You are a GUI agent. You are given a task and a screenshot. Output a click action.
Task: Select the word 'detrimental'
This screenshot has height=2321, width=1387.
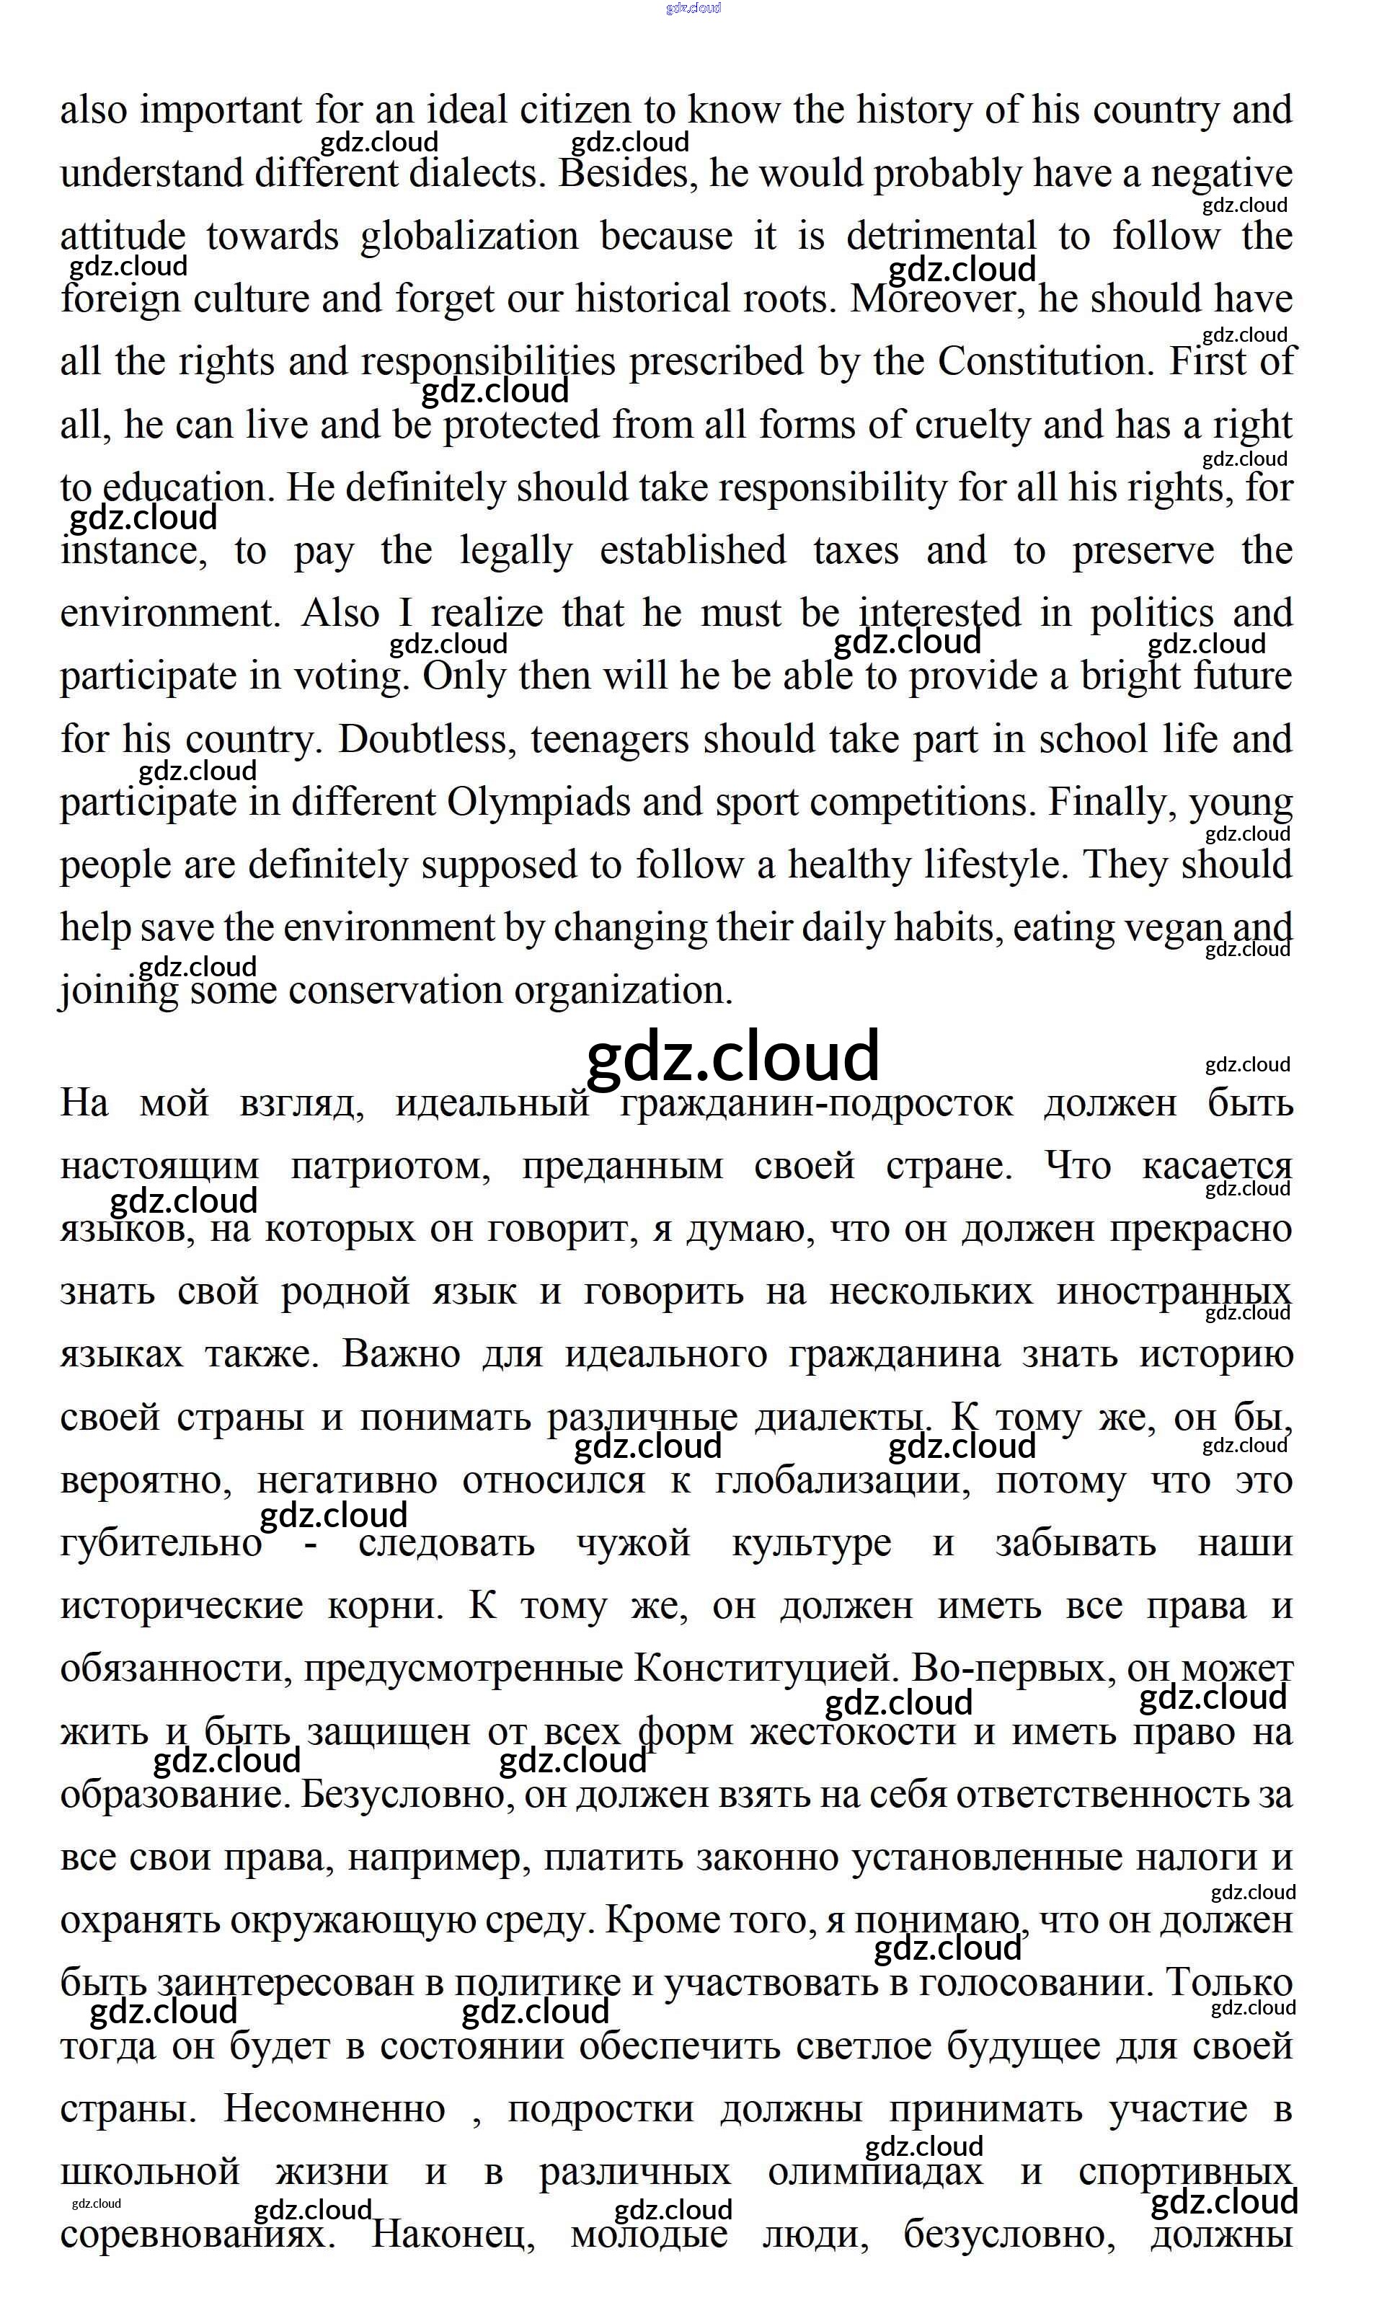941,236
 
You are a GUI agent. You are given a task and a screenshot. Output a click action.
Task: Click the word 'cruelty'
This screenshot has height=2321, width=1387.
972,425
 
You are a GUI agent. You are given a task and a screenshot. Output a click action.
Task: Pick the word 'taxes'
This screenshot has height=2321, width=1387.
856,551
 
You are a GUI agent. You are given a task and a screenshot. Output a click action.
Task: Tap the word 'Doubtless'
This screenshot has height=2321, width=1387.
427,739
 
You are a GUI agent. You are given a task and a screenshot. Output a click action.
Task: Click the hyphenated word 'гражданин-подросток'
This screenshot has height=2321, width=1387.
816,1103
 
